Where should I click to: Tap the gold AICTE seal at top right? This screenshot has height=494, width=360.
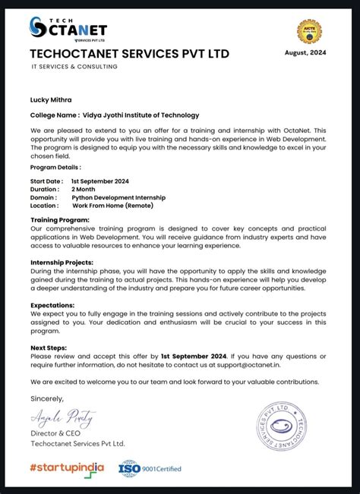pos(309,31)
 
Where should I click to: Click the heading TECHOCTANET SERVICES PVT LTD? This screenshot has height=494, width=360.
pos(129,54)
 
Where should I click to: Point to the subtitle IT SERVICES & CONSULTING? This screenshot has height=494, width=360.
pos(74,67)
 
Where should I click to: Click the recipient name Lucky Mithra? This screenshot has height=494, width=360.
pos(52,99)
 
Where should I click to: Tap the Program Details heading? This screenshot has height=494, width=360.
pos(55,167)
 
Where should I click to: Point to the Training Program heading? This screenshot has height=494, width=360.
pos(60,219)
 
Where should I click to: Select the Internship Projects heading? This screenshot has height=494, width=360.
pos(62,262)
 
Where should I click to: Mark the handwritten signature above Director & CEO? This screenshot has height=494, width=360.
pos(63,416)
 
